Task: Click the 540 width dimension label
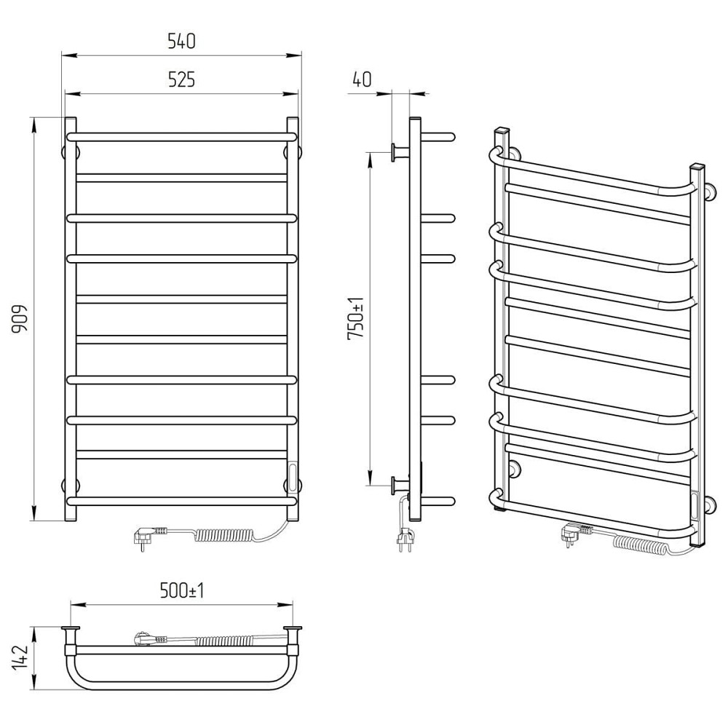click(x=181, y=41)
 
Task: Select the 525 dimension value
click(x=181, y=80)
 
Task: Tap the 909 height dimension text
click(x=20, y=319)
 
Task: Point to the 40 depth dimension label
click(x=362, y=79)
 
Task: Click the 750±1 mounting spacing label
click(x=356, y=319)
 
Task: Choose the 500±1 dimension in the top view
click(x=181, y=590)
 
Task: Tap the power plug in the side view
click(x=404, y=539)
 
